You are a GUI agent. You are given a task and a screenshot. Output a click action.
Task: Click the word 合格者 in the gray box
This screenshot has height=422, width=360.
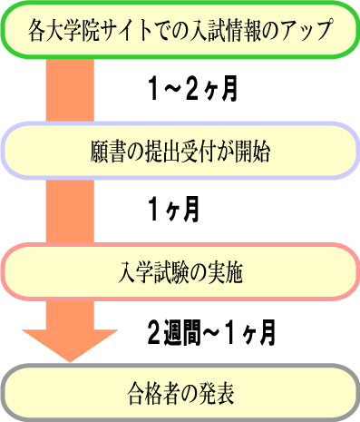click(x=152, y=396)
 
